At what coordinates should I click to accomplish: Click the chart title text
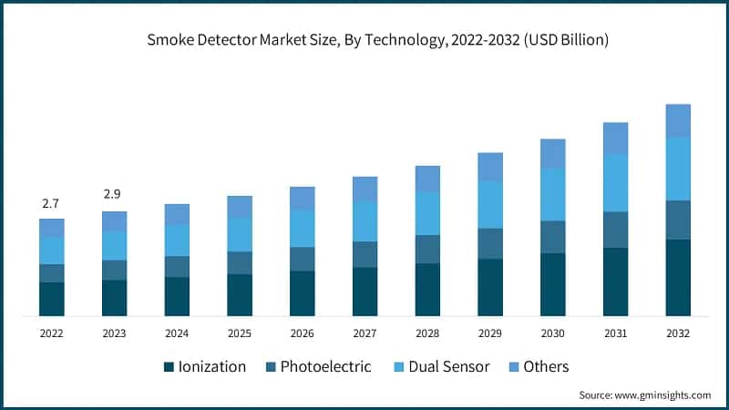(364, 40)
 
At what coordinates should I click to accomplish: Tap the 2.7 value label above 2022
(52, 202)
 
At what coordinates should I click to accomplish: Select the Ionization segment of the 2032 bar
(677, 278)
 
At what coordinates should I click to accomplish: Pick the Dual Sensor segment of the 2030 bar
(552, 194)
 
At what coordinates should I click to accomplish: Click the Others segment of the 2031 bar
(615, 138)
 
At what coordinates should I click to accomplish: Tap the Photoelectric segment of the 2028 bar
(427, 249)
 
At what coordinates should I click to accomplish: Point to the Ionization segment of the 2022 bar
(52, 299)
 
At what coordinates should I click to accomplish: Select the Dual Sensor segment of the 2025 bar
(240, 234)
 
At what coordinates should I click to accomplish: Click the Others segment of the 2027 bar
(364, 189)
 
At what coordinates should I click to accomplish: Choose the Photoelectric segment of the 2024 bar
(177, 266)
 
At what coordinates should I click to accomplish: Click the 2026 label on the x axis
(302, 334)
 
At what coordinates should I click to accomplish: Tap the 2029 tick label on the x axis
(489, 334)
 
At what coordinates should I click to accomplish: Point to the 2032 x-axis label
(677, 334)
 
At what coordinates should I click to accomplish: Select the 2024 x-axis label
(177, 334)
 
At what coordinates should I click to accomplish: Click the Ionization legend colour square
(169, 367)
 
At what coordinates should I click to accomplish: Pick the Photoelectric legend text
(325, 366)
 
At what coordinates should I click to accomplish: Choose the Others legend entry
(546, 366)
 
